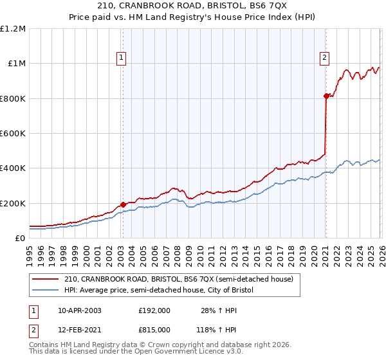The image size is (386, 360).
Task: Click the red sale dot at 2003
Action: pos(123,204)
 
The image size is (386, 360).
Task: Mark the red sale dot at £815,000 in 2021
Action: pos(326,96)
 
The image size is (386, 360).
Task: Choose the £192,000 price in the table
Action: pos(154,310)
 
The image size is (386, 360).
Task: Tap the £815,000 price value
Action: pos(154,329)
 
